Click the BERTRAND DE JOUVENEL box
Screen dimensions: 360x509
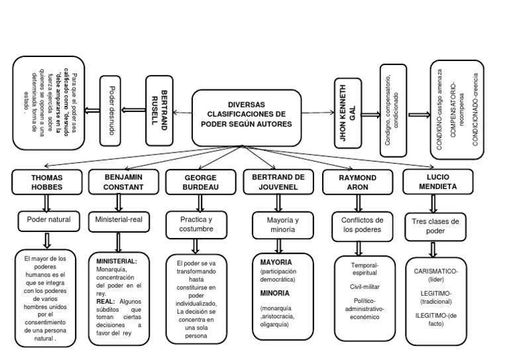(x=278, y=182)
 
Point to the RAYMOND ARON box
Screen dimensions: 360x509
(x=358, y=182)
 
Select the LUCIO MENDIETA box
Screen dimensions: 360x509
(x=437, y=182)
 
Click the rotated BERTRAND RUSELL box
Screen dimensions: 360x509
(x=159, y=109)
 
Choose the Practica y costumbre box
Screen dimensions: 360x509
(x=196, y=223)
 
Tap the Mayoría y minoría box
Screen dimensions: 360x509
(x=278, y=225)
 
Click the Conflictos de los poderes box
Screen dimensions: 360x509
(x=358, y=225)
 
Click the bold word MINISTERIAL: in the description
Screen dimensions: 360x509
(x=117, y=261)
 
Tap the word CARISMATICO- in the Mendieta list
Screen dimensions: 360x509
(x=435, y=272)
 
